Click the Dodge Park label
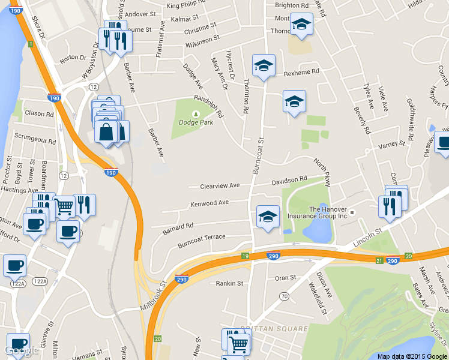[196, 123]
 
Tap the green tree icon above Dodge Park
[196, 114]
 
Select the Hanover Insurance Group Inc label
[328, 212]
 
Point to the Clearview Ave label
[220, 185]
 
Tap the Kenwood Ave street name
[209, 203]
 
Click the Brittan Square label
[265, 329]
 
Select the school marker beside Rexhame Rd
[264, 65]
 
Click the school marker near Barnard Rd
[268, 217]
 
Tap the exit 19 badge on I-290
[246, 256]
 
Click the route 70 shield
[284, 296]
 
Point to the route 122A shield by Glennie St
[40, 281]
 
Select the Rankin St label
[229, 283]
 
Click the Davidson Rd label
[289, 179]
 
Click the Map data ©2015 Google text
[412, 356]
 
